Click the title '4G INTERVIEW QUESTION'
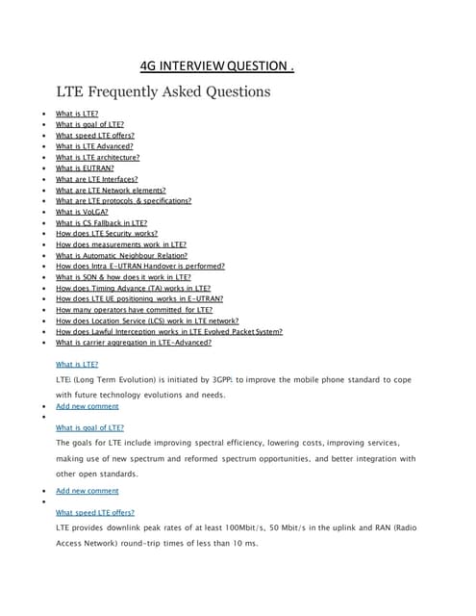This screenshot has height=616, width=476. tap(216, 65)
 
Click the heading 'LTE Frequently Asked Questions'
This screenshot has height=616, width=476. tap(163, 92)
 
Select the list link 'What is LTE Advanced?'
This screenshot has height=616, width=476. tap(94, 146)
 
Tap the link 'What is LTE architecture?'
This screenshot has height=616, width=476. tap(97, 157)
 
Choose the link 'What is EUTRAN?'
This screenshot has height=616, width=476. tap(85, 167)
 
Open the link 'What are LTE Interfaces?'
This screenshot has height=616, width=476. tap(96, 179)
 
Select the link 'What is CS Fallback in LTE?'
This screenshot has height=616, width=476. tap(101, 222)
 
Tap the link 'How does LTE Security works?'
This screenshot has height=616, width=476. tap(106, 233)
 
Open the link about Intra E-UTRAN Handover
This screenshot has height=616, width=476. tap(140, 266)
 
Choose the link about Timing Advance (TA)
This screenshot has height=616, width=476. tap(133, 288)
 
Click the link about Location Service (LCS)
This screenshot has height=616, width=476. tap(147, 321)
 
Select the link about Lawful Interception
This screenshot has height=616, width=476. tap(168, 331)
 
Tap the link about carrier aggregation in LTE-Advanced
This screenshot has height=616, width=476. tap(134, 342)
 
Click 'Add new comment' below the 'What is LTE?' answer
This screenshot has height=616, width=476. tap(88, 406)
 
